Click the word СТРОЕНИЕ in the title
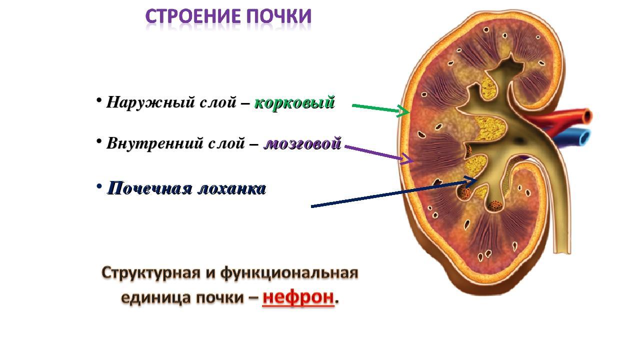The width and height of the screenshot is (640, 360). point(194,16)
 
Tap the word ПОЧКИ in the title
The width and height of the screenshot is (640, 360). point(279,16)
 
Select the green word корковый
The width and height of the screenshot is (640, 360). point(294,102)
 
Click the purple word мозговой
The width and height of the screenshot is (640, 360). point(302,143)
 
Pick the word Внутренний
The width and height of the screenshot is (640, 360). point(154,143)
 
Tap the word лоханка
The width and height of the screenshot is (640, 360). point(231,189)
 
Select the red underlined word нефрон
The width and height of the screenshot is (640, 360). point(298,297)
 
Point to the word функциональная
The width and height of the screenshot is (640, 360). point(289,273)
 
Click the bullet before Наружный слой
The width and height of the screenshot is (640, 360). point(99,100)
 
